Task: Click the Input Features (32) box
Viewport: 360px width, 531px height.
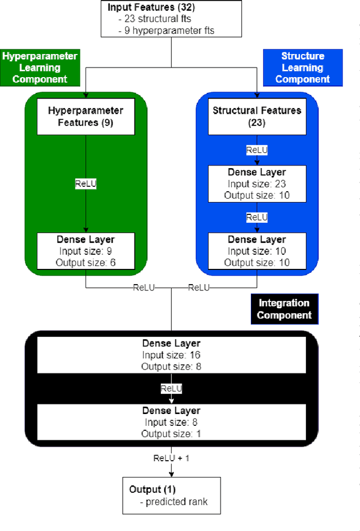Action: click(x=171, y=19)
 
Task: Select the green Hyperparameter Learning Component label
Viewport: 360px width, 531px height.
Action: click(x=40, y=67)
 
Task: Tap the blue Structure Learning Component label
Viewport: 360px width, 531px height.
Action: click(x=303, y=67)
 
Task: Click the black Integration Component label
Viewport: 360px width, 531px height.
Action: click(x=284, y=309)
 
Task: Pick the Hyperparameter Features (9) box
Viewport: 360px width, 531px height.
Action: click(x=85, y=116)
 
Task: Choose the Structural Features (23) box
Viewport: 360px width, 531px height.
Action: click(x=256, y=116)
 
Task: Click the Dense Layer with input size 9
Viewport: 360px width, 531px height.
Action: click(x=85, y=251)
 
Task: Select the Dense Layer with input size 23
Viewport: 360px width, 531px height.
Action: click(x=256, y=183)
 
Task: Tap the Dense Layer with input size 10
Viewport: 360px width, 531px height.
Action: click(x=256, y=251)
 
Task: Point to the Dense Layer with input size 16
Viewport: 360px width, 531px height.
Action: click(x=171, y=354)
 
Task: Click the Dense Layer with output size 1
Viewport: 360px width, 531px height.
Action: click(x=171, y=422)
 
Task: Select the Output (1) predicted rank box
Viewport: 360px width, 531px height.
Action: click(x=171, y=496)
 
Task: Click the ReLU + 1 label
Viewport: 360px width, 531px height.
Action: click(x=171, y=458)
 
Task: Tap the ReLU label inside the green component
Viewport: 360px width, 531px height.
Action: click(x=85, y=184)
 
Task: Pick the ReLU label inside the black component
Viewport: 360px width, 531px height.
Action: click(x=171, y=389)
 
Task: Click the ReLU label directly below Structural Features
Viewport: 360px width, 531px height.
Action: click(x=256, y=150)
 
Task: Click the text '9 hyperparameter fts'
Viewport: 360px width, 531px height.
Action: click(x=169, y=30)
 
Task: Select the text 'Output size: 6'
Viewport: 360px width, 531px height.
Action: click(x=85, y=262)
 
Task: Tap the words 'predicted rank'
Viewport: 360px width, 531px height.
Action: click(x=176, y=501)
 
